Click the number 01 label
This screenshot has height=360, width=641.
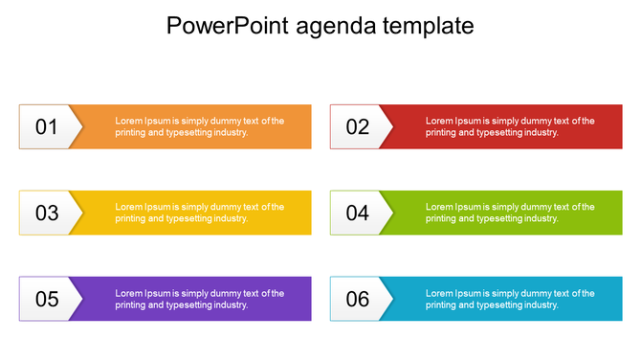(x=47, y=127)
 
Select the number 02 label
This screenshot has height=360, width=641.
(x=358, y=127)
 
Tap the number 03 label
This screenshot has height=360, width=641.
(x=47, y=214)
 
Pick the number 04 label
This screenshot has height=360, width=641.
(x=358, y=214)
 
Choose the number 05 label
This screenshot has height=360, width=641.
(x=47, y=300)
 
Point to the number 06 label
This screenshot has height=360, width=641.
(x=358, y=300)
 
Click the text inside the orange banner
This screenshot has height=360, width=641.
(x=199, y=127)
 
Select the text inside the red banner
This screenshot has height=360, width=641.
(x=510, y=127)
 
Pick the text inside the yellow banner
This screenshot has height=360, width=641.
(x=199, y=213)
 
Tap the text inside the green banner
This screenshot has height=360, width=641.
(x=510, y=213)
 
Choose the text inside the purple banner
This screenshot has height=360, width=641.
(x=199, y=299)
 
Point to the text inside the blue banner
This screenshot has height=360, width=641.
(x=510, y=299)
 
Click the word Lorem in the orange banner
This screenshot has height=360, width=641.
(x=128, y=122)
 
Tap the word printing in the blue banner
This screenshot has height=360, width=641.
(x=441, y=305)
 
